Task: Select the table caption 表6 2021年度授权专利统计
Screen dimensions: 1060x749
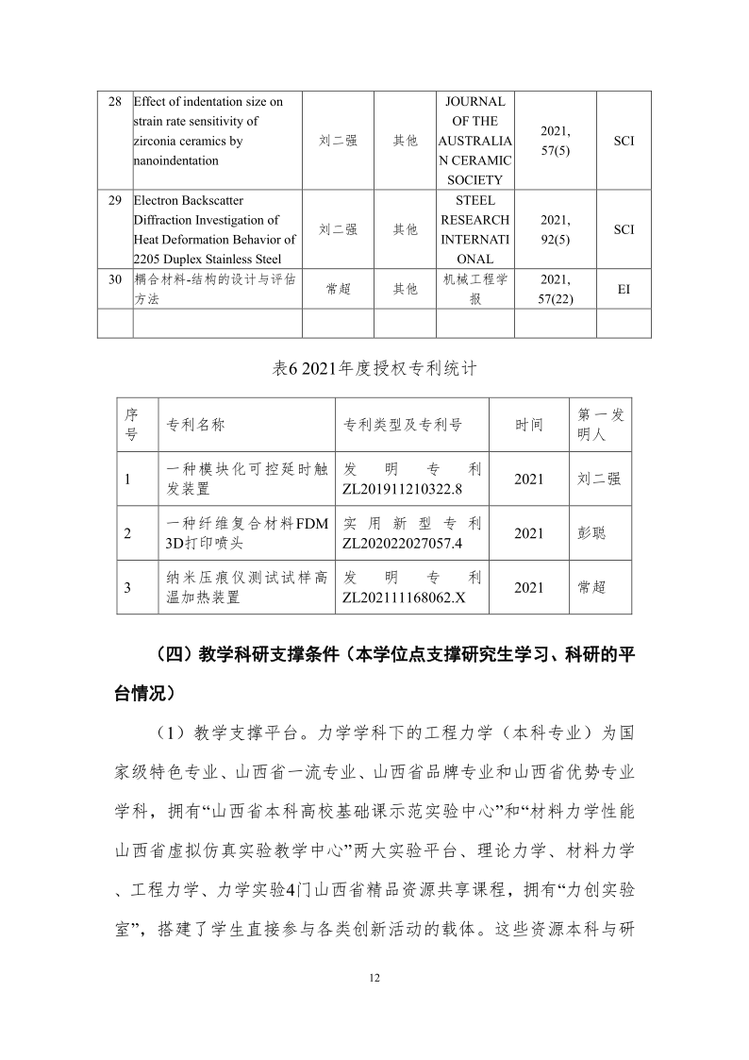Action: pos(374,369)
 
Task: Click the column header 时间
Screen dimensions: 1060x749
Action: pos(528,425)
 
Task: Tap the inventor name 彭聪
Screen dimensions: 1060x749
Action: pos(591,533)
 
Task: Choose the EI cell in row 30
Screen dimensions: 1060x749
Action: pos(624,290)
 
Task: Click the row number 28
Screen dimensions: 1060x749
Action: pos(114,101)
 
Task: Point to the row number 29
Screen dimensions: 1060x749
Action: pos(114,200)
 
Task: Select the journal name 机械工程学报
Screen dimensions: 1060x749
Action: pos(475,289)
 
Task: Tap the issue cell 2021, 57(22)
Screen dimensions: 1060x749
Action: pos(556,289)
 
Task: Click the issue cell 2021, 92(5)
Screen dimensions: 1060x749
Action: pos(556,229)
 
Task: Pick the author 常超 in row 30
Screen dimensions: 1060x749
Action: pos(338,290)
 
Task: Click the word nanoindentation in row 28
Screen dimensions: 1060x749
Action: pos(176,160)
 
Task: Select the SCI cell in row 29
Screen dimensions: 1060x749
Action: pos(624,229)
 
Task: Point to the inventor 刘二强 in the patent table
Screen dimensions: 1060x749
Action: pos(599,479)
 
